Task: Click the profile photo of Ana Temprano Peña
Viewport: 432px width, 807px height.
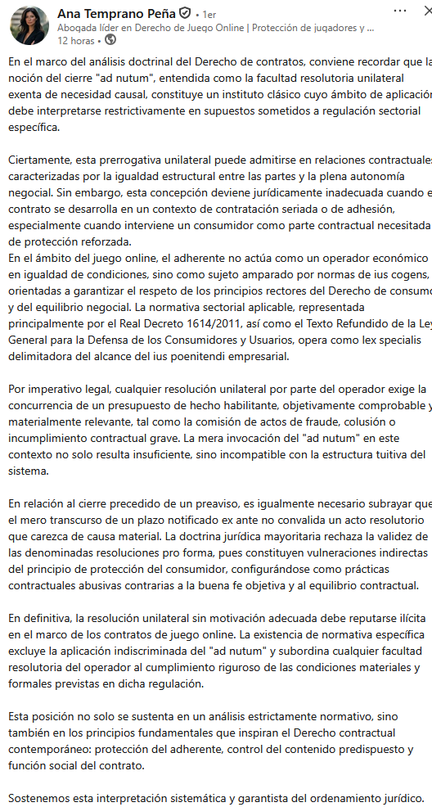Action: (x=29, y=25)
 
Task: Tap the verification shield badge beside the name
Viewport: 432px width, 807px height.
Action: (x=187, y=14)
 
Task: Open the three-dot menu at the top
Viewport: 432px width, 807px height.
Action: (x=400, y=11)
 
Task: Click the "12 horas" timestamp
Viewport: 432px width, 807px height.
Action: (x=75, y=39)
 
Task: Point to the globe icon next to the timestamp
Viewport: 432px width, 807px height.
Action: (x=110, y=39)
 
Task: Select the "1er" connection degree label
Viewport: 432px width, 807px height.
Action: (x=209, y=15)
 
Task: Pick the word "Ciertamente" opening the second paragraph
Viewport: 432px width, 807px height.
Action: (x=43, y=160)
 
